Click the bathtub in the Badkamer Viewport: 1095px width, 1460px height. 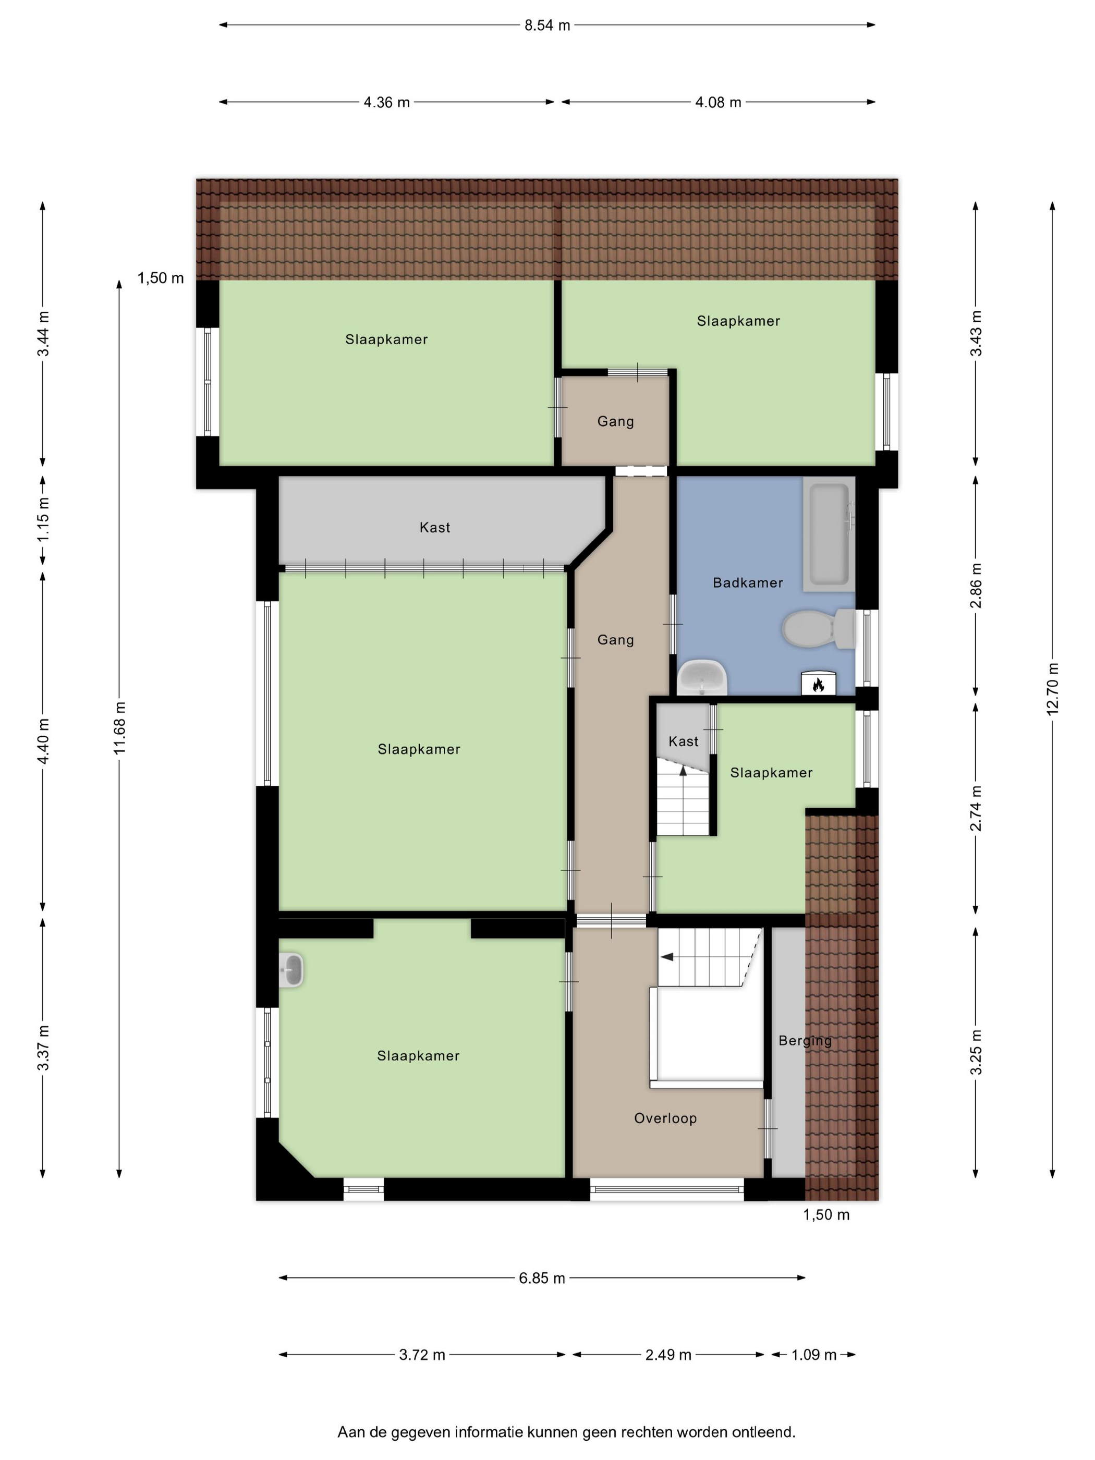coord(829,533)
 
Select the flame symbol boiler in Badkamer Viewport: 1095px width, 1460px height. coord(819,684)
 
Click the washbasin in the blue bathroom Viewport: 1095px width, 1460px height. coord(702,677)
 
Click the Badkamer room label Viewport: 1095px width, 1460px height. coord(748,583)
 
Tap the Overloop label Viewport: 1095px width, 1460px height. coord(665,1118)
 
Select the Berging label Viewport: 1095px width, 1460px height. coord(805,1041)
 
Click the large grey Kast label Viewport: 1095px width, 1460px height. coord(435,527)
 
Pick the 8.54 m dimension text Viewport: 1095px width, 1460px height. coord(547,26)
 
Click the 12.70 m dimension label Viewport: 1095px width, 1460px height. coord(1052,688)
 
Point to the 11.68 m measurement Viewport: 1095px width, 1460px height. coord(119,728)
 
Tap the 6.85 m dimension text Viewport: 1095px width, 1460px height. coord(542,1279)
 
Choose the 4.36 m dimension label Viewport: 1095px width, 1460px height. coord(387,102)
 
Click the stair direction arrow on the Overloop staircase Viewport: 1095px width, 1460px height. coord(667,956)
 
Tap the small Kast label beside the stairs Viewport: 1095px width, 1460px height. coord(683,741)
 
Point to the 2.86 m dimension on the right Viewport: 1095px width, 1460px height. coord(976,586)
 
